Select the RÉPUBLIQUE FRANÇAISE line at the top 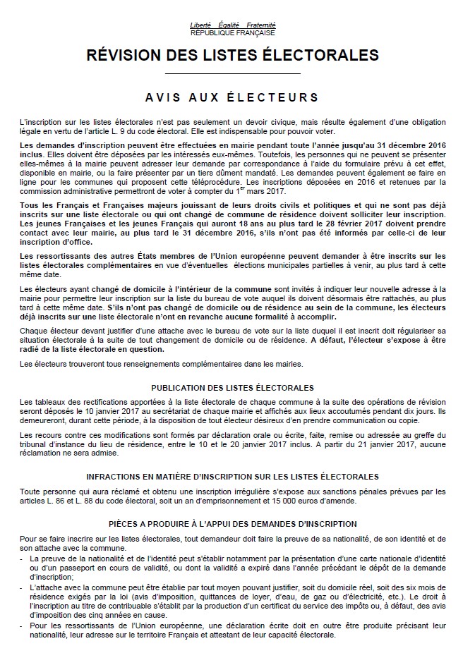point(232,32)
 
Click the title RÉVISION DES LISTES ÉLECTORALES point(232,55)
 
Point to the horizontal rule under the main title point(232,73)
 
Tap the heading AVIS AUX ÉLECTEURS point(232,97)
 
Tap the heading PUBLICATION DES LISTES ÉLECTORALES point(232,386)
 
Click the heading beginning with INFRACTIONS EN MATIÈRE point(232,477)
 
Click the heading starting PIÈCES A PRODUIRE point(232,524)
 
